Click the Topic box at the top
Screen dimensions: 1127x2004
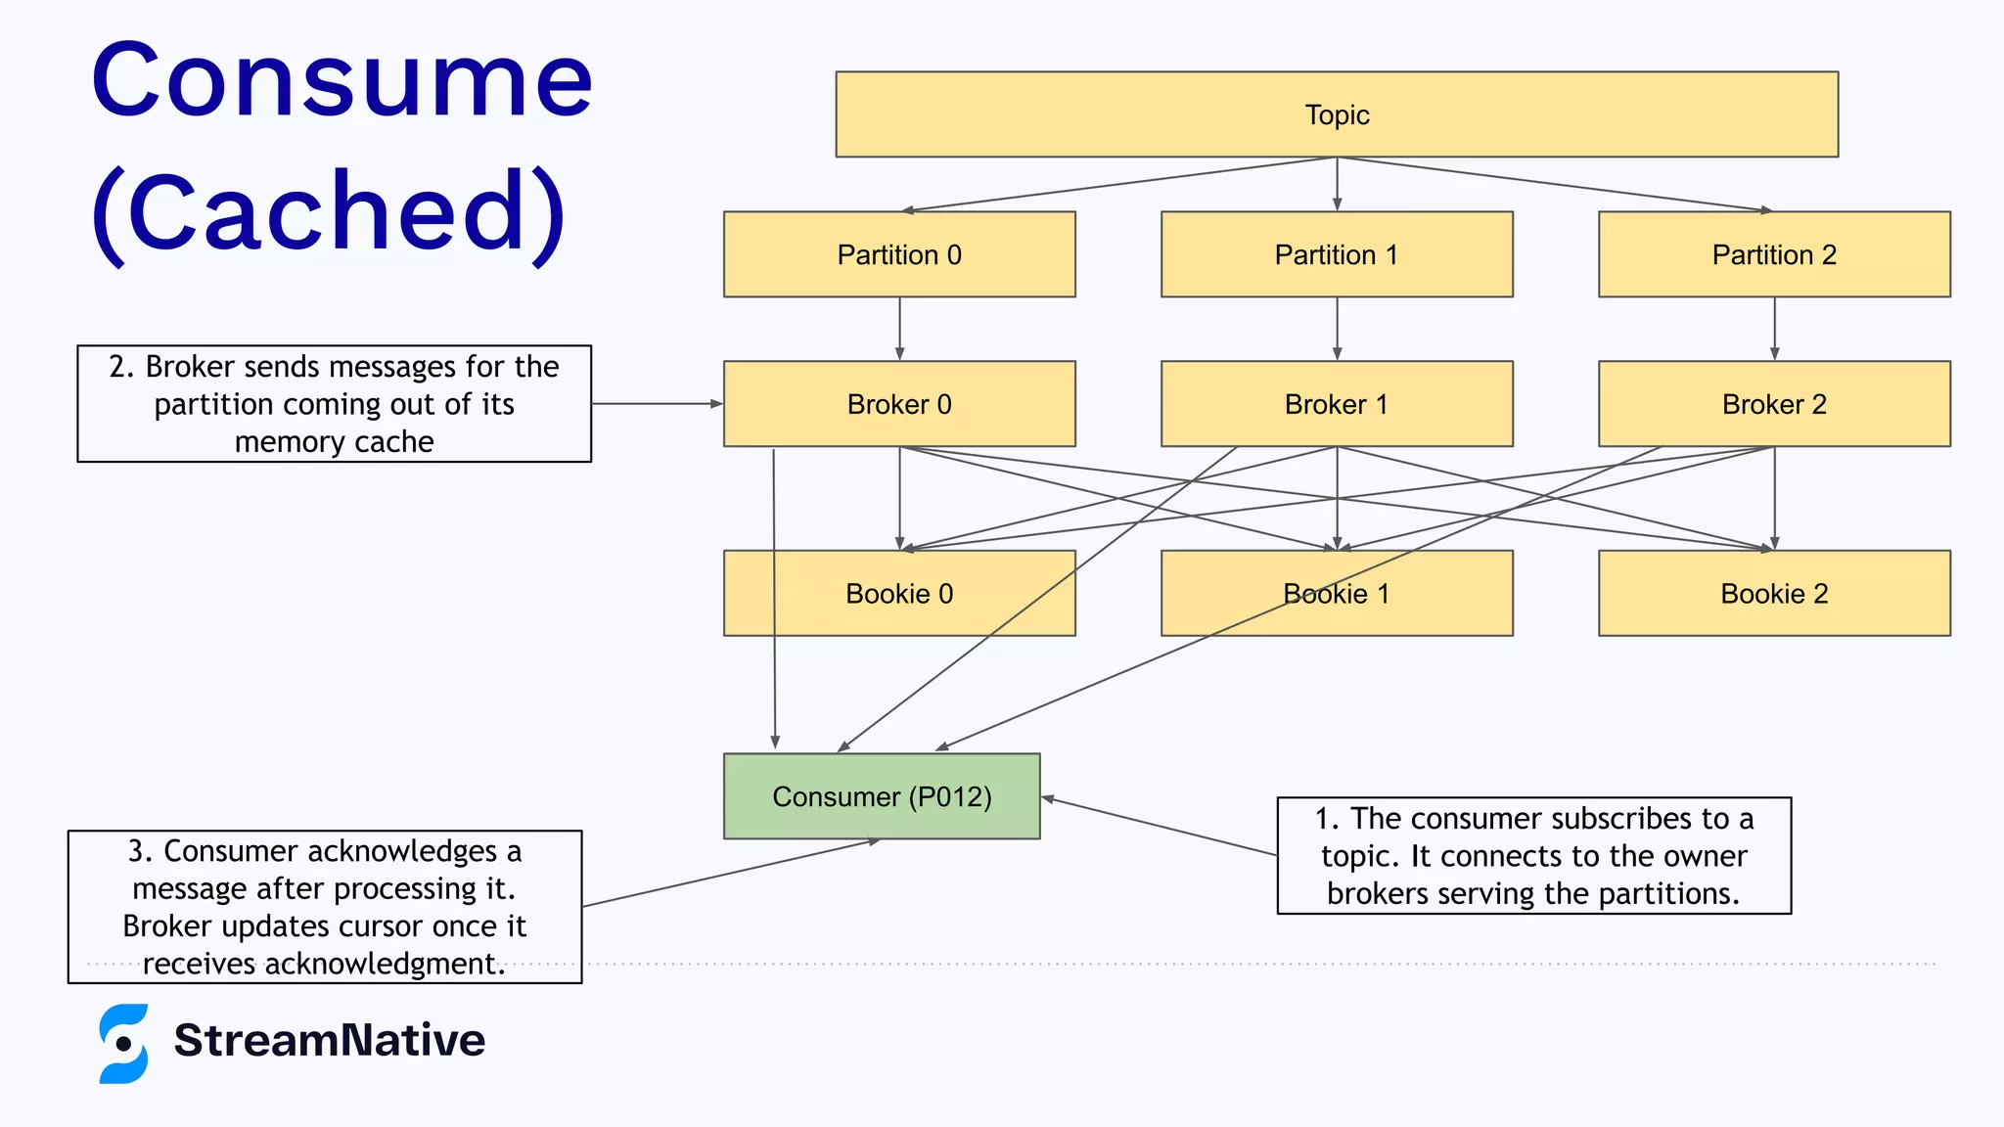pos(1337,114)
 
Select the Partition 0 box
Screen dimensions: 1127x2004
pos(899,254)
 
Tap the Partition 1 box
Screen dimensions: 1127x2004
pos(1337,254)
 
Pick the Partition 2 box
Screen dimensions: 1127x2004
pos(1774,254)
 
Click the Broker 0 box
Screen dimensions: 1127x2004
pos(899,404)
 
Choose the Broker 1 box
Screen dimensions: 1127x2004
pos(1337,404)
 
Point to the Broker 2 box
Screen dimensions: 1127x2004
pos(1774,404)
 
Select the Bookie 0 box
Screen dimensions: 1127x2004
pos(899,594)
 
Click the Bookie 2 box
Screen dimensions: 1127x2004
pos(1774,594)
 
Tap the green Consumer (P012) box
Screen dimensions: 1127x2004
pos(882,796)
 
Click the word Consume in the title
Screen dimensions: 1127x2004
pos(342,80)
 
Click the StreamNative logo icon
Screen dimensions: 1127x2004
pos(124,1043)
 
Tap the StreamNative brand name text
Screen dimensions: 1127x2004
pos(329,1040)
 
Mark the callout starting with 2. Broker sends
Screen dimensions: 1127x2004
pos(334,403)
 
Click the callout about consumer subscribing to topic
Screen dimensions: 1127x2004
pos(1533,855)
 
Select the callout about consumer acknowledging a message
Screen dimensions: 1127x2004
pos(325,907)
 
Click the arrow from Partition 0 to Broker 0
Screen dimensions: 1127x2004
pos(899,329)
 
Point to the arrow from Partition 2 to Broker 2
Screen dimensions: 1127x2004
pos(1774,329)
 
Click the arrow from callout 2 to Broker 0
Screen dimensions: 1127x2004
pos(656,403)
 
